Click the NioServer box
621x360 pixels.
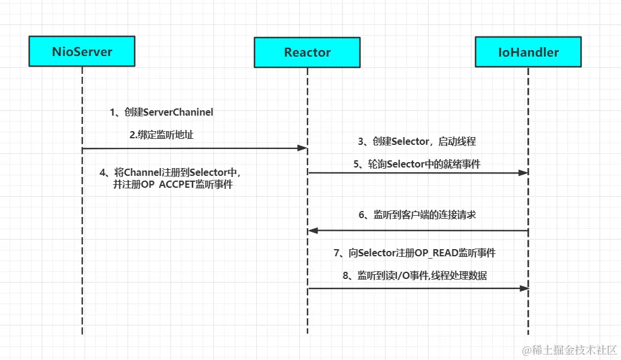82,51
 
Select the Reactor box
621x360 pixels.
307,52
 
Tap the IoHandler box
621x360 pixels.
528,52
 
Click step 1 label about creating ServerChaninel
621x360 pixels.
162,112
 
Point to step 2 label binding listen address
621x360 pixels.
161,135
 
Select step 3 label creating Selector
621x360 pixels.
417,141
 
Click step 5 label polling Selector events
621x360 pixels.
417,164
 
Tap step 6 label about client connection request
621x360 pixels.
417,215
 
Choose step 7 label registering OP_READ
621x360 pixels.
414,253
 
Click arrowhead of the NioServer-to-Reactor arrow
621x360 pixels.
303,148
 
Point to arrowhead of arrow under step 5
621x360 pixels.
524,173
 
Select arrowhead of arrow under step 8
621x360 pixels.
524,288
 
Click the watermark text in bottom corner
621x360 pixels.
569,349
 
